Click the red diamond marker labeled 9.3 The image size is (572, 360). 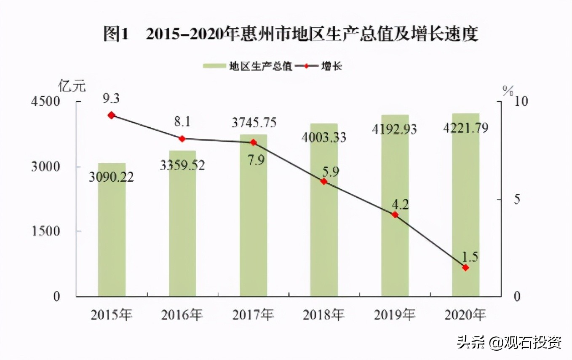112,115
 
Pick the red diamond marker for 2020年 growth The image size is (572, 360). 465,268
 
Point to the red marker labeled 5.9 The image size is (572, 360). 324,181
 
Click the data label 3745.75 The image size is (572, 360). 254,123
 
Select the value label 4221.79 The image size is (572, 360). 465,127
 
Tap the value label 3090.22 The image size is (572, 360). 111,177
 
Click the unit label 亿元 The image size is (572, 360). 72,86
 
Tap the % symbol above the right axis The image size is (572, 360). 508,90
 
